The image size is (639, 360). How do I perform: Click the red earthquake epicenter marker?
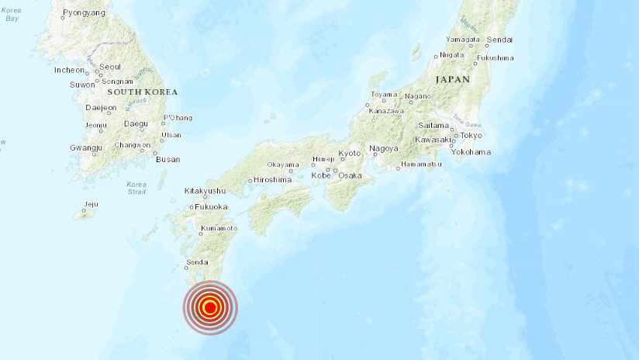[209, 307]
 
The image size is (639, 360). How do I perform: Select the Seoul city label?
[109, 67]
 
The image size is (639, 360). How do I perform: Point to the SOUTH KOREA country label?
[143, 92]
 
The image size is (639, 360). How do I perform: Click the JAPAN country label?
[452, 79]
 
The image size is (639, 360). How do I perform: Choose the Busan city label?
[168, 159]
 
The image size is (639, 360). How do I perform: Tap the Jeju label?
[91, 205]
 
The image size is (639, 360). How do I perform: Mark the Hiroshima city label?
[272, 180]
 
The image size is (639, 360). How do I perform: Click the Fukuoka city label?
[211, 207]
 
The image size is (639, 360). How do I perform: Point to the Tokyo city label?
[471, 135]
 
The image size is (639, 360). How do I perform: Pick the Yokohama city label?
[471, 152]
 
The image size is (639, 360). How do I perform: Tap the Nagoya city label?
[384, 148]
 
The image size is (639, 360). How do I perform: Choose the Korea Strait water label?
[136, 187]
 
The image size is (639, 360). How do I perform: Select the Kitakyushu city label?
[205, 191]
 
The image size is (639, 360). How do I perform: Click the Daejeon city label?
[101, 108]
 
